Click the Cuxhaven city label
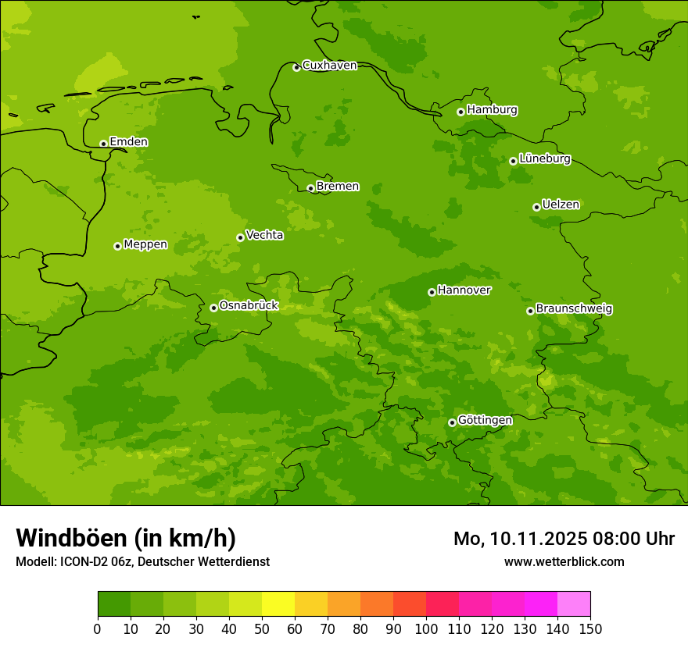click(x=329, y=66)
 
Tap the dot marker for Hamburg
click(x=461, y=112)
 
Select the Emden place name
click(x=128, y=142)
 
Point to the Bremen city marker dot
click(x=310, y=188)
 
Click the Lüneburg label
click(x=544, y=158)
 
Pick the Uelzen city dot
click(x=536, y=207)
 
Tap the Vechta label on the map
click(x=264, y=235)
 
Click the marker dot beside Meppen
click(x=117, y=246)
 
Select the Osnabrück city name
click(x=249, y=305)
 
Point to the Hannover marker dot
click(x=432, y=292)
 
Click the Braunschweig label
click(x=574, y=309)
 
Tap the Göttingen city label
click(x=485, y=420)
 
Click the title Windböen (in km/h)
click(x=126, y=538)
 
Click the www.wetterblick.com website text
click(x=564, y=561)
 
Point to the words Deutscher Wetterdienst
click(x=208, y=561)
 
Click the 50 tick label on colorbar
click(x=262, y=629)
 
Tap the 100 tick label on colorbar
click(x=426, y=629)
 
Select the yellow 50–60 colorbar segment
click(x=278, y=603)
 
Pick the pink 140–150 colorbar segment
click(x=574, y=603)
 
